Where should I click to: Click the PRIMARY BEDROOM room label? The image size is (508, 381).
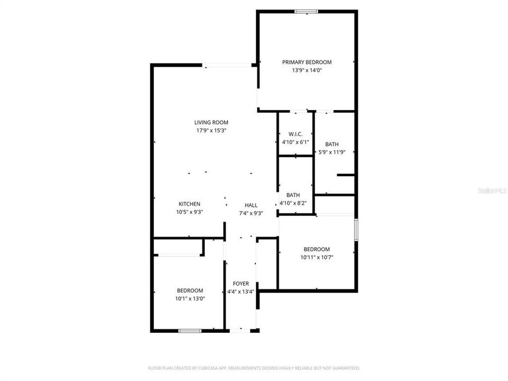click(306, 62)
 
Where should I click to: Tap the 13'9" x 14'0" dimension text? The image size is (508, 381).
click(306, 70)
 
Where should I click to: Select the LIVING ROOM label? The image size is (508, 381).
click(211, 122)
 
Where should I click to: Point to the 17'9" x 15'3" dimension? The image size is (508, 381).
click(211, 131)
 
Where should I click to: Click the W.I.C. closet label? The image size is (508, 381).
click(295, 134)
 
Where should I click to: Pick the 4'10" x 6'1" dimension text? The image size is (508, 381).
click(295, 142)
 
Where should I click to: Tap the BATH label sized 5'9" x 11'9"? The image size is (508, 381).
click(332, 144)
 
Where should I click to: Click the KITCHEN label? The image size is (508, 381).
click(189, 204)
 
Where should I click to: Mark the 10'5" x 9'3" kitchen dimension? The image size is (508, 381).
click(189, 212)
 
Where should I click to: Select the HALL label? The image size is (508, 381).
click(251, 205)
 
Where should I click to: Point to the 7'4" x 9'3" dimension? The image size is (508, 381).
click(251, 214)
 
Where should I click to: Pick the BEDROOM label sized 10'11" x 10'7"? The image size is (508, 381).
click(316, 249)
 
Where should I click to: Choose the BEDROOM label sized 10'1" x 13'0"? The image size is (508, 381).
click(190, 290)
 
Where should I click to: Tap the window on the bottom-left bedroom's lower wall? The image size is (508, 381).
click(189, 331)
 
